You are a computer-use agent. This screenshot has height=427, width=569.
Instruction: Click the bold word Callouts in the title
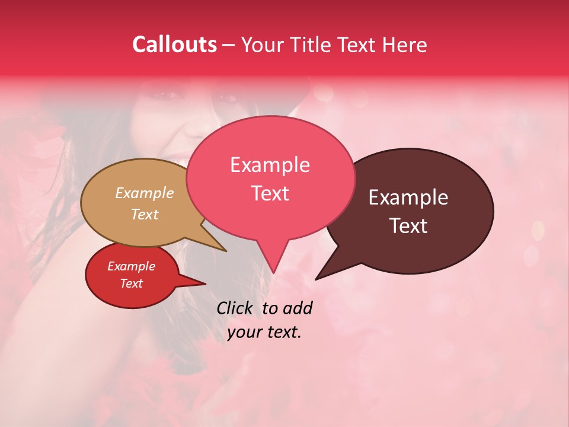tap(174, 44)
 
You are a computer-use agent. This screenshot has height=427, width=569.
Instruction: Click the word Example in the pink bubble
tap(270, 165)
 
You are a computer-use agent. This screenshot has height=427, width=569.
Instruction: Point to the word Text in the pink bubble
tap(270, 193)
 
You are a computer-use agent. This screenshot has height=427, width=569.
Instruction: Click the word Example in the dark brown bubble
tap(408, 197)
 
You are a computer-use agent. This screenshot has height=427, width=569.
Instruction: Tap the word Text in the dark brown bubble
tap(409, 225)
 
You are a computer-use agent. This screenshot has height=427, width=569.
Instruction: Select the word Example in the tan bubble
tap(145, 193)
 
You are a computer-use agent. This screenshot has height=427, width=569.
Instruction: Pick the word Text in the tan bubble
tap(145, 214)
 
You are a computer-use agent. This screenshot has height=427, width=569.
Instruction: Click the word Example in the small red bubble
tap(131, 266)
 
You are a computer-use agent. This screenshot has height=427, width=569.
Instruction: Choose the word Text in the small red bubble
tap(131, 283)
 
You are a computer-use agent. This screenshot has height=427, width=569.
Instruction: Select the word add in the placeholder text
tap(297, 308)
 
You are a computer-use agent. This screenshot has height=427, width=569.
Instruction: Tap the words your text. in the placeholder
tap(264, 332)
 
